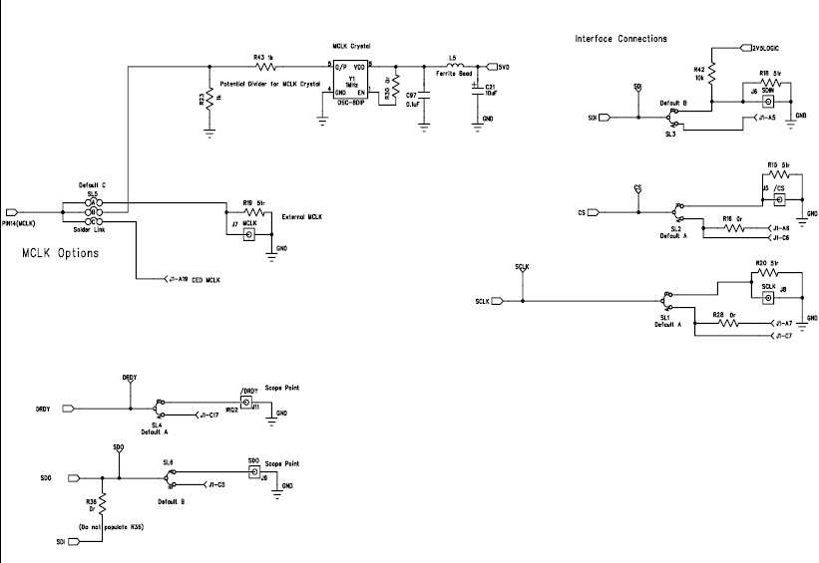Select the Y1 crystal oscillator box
[x=349, y=80]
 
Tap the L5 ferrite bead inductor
[x=453, y=67]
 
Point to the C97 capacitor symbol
[x=424, y=97]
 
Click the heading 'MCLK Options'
[x=60, y=253]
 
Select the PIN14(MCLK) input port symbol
[x=13, y=212]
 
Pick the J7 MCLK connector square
[x=249, y=235]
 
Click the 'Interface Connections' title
[x=621, y=39]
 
